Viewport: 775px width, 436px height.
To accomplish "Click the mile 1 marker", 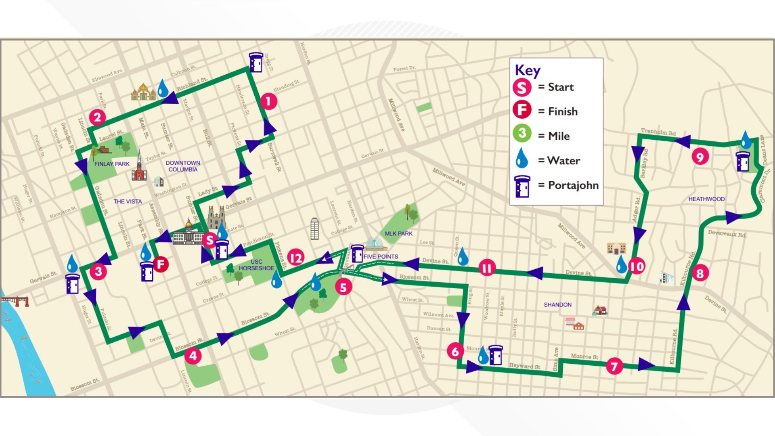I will [x=268, y=101].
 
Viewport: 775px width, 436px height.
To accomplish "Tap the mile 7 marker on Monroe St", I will [x=614, y=366].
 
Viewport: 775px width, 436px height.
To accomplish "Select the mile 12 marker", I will [x=295, y=258].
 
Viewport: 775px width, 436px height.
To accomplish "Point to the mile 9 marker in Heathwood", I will [x=700, y=156].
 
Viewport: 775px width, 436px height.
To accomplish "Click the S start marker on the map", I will [x=209, y=240].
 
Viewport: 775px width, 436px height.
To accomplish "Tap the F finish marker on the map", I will [x=161, y=264].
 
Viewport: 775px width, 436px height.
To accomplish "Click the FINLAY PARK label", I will [x=112, y=164].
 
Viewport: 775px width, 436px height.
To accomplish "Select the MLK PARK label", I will [x=398, y=233].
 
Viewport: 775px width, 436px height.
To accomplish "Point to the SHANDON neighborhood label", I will [x=557, y=305].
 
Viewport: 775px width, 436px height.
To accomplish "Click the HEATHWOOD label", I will [x=706, y=199].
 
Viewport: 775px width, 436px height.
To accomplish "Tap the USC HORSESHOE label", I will [x=256, y=265].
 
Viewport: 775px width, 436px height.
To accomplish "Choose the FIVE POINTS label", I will [x=381, y=256].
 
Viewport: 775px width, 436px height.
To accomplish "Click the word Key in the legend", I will [x=527, y=70].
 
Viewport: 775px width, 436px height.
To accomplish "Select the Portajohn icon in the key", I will [x=522, y=186].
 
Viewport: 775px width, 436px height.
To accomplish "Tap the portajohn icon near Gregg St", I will [x=256, y=62].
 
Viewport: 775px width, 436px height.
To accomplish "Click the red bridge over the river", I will [x=15, y=301].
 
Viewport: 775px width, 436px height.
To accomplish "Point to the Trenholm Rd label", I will [x=658, y=132].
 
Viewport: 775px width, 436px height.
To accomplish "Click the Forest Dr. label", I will [x=404, y=69].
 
